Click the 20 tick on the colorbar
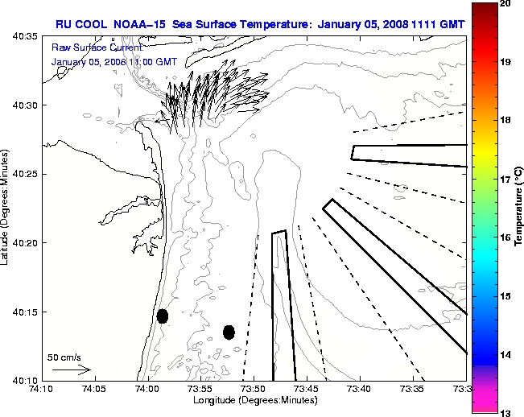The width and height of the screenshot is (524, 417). click(x=504, y=4)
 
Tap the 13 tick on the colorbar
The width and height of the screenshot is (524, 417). click(x=504, y=412)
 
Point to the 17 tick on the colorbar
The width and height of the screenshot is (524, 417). click(x=504, y=179)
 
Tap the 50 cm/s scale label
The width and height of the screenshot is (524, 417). click(x=64, y=357)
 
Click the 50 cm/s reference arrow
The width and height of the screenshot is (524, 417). click(x=71, y=370)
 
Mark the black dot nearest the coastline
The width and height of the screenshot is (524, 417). click(x=163, y=316)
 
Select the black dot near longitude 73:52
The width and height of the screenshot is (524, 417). click(x=229, y=332)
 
